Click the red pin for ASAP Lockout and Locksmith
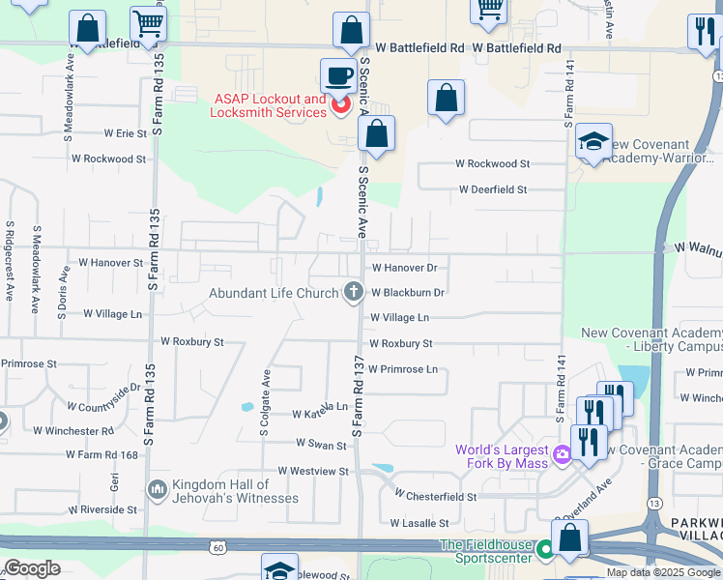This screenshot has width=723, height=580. coord(339,105)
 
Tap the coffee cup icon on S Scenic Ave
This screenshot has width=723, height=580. coord(339,74)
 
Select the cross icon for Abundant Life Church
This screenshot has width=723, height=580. coord(354,291)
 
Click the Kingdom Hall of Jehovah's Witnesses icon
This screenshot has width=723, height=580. coord(157,491)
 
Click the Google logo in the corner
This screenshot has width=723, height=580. coord(32,568)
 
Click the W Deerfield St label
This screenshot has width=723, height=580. coord(493,189)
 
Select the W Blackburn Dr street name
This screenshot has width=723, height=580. coord(407,292)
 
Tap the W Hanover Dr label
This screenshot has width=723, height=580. coord(404,267)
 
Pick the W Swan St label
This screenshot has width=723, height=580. coord(321,446)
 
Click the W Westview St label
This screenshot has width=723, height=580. coord(312,471)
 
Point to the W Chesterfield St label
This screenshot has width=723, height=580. coord(436,496)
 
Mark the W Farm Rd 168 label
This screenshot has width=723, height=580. coord(103,454)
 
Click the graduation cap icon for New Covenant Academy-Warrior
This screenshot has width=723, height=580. coord(593,141)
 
